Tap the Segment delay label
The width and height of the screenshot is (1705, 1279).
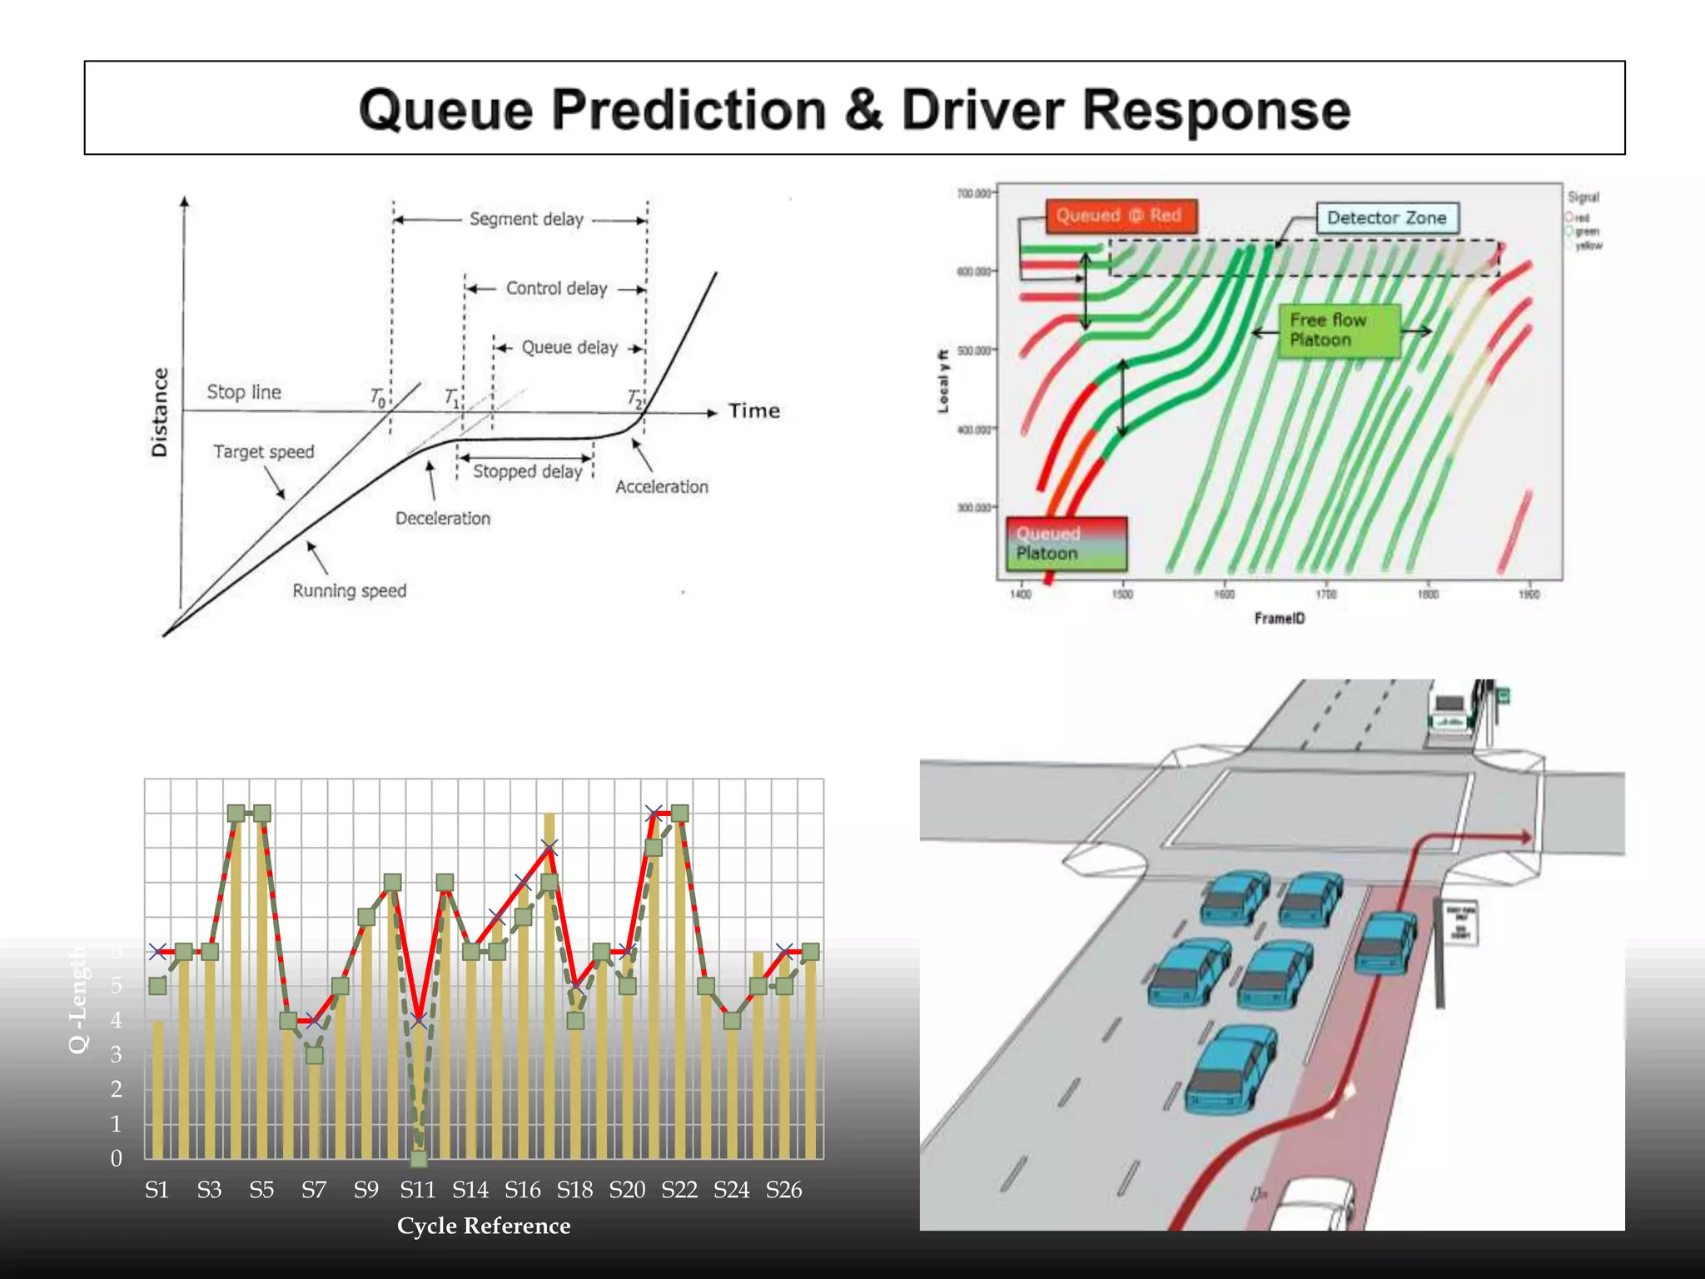(x=526, y=219)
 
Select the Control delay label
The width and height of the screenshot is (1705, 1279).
(x=556, y=288)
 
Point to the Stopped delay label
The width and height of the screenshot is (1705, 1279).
(x=527, y=471)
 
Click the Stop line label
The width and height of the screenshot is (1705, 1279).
(x=244, y=392)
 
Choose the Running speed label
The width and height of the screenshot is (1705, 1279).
(x=349, y=590)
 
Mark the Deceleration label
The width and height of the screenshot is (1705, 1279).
(x=443, y=518)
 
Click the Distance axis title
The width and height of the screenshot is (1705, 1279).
(x=159, y=412)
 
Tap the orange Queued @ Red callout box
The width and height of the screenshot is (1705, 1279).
(x=1121, y=216)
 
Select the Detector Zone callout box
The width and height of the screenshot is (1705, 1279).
(x=1386, y=218)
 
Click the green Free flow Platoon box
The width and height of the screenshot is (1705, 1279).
(x=1339, y=330)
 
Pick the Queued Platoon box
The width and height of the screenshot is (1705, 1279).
(x=1066, y=544)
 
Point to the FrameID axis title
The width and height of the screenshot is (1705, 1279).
(x=1280, y=618)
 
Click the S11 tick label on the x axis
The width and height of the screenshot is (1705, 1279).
(x=417, y=1190)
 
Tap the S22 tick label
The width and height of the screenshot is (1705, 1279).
(x=679, y=1190)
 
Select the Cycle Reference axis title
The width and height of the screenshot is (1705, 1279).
(x=484, y=1226)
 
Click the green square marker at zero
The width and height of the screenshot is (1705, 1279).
(x=419, y=1158)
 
